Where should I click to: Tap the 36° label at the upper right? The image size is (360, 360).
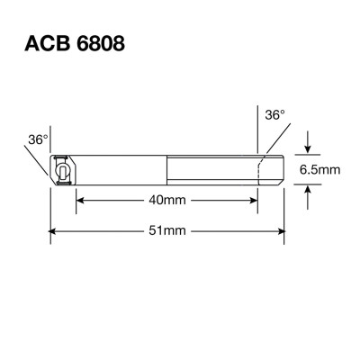click(275, 115)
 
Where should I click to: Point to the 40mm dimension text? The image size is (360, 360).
click(166, 200)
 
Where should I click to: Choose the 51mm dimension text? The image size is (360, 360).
click(166, 231)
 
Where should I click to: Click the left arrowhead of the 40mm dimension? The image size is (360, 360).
click(78, 200)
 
